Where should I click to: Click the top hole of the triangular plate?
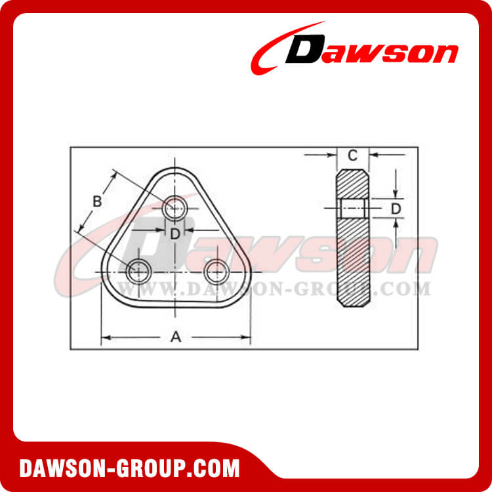[175, 208]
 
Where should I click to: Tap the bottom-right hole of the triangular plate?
[215, 270]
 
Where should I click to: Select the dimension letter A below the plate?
[175, 337]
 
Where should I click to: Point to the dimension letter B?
[96, 201]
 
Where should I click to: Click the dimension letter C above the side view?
[352, 155]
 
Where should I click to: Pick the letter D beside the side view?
[396, 209]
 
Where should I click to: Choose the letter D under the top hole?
[175, 233]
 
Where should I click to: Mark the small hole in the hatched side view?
[354, 209]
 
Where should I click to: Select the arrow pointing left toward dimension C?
[374, 155]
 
